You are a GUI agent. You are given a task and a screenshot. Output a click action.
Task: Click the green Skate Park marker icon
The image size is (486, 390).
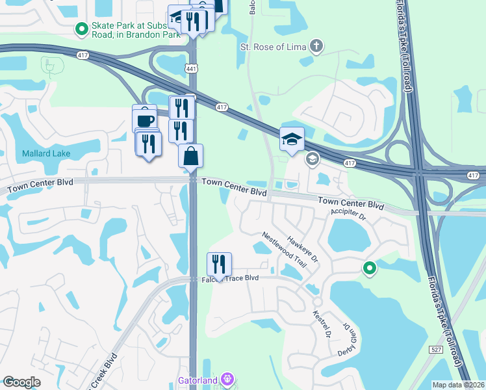point(82,29)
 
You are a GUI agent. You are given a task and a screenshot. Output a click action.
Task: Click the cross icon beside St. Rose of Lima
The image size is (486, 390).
point(316,45)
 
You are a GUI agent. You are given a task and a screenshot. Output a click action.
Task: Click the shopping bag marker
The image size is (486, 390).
point(191,157)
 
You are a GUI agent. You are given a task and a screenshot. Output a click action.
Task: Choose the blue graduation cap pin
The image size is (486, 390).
point(292,139)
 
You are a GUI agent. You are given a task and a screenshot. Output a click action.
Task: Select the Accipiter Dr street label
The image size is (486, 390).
point(349,214)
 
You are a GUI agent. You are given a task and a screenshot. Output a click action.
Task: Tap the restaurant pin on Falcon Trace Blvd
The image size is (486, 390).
point(219,265)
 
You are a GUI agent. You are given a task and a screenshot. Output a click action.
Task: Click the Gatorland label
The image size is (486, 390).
point(198,379)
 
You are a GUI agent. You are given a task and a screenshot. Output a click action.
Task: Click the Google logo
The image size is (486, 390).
point(21,382)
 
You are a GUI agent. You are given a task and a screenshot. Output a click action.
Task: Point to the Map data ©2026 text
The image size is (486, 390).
point(458,385)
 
